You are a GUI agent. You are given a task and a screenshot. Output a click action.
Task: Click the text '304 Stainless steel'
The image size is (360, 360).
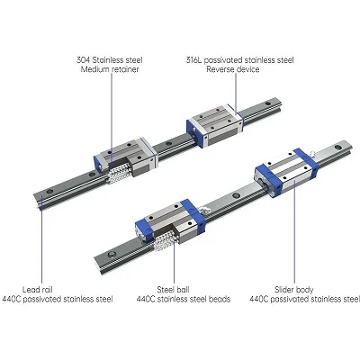(x=110, y=60)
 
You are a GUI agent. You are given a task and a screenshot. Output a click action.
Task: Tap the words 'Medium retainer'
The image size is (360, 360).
(x=110, y=69)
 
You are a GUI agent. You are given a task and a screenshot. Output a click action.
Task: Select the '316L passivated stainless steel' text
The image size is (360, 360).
(x=239, y=60)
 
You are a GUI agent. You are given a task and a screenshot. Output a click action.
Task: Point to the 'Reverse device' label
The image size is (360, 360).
(x=233, y=69)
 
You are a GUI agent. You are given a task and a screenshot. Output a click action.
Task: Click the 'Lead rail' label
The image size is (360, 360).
(x=38, y=290)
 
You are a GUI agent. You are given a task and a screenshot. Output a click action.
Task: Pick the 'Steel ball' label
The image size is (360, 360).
(x=173, y=290)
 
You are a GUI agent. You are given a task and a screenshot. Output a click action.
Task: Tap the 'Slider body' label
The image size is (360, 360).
(x=294, y=290)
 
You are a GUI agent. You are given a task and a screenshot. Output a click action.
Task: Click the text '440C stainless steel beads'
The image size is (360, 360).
(x=184, y=299)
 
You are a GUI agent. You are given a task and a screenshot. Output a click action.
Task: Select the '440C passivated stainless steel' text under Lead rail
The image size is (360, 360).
(x=58, y=299)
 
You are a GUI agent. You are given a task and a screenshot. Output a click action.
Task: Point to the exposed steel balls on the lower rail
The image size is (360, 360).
(x=165, y=242)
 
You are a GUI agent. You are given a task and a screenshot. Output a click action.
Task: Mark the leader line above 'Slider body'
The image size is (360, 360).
(x=294, y=231)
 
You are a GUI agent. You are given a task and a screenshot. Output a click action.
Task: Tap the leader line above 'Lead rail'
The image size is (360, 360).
(x=41, y=239)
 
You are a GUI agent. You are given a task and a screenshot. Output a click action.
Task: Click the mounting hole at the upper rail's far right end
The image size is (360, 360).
(x=267, y=104)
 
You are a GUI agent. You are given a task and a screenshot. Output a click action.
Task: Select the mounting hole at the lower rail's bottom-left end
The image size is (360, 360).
(x=112, y=255)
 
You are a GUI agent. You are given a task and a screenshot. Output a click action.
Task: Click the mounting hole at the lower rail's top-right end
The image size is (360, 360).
(x=337, y=148)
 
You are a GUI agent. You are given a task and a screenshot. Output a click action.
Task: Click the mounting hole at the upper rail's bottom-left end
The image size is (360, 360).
(x=49, y=192)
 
